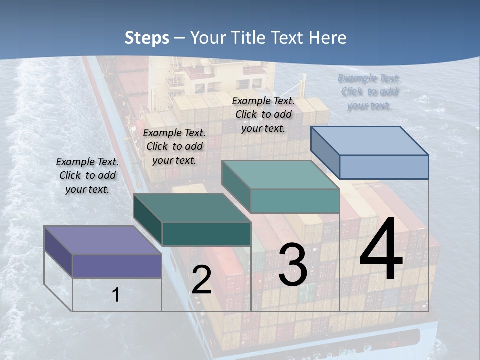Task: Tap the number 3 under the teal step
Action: point(292,265)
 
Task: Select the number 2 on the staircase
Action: point(201,280)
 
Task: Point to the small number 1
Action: point(116,295)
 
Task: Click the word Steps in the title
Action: point(147,38)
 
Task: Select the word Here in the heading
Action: point(328,38)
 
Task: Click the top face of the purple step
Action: point(102,240)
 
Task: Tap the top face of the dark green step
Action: point(192,207)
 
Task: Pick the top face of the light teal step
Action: point(281,175)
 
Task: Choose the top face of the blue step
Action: point(370,141)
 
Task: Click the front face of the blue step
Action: point(384,167)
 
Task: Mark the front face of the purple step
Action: point(117,266)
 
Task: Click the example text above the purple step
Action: point(87,175)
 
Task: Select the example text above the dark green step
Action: point(174,146)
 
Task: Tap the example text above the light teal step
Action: point(263,114)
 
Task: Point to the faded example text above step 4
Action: point(369,92)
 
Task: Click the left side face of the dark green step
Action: point(148,219)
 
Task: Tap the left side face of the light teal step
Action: point(236,186)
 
